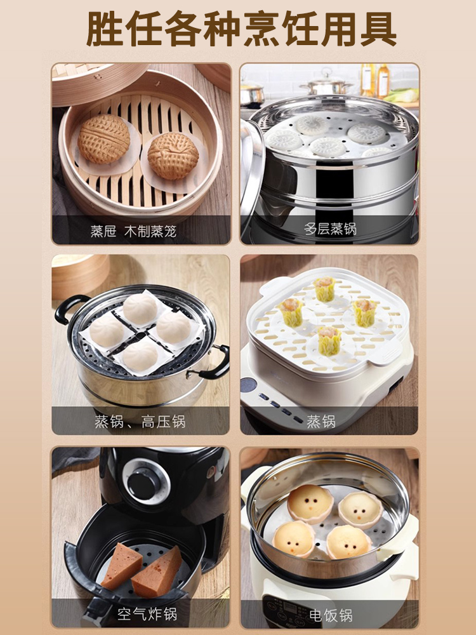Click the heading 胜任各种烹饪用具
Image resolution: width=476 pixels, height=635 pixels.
[241, 29]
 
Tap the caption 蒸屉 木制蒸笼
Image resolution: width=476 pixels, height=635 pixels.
[133, 231]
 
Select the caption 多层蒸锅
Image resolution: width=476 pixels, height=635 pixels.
[330, 229]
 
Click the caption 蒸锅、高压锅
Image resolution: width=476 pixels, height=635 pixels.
[140, 422]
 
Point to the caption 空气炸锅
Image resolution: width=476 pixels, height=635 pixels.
[147, 614]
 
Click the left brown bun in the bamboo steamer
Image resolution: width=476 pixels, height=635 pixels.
[104, 138]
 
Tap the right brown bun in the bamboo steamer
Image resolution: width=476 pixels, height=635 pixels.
[173, 156]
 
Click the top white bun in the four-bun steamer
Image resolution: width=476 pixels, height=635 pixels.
[140, 309]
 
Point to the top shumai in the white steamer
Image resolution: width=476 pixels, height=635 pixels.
[325, 288]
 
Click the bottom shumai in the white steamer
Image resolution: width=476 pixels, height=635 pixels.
[329, 341]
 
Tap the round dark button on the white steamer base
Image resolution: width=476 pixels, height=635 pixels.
[248, 385]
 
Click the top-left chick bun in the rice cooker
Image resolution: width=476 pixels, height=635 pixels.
[310, 504]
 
